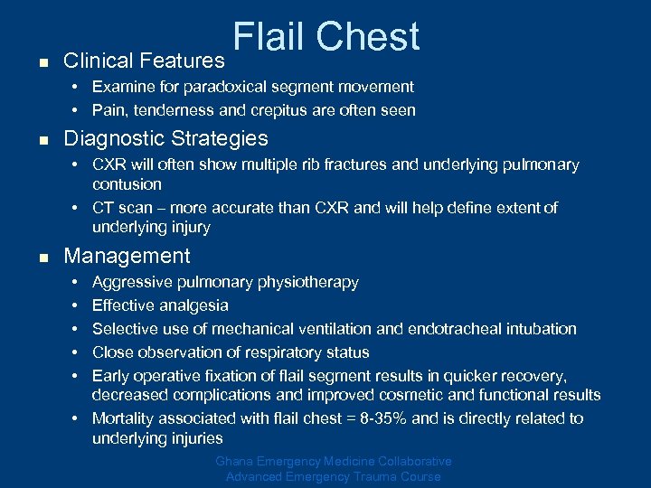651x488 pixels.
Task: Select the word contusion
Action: click(127, 185)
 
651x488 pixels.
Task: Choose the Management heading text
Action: click(127, 257)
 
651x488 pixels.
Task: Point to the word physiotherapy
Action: click(309, 283)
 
